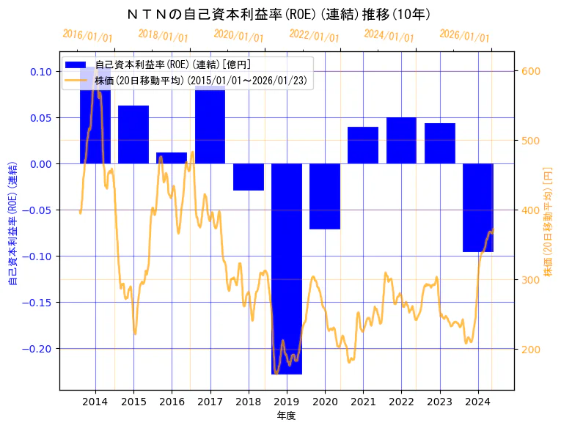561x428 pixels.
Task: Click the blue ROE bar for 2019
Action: click(287, 268)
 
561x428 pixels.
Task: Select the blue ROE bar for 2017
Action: click(210, 125)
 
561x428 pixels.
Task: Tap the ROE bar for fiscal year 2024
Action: click(478, 207)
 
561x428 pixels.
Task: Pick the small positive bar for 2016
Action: click(172, 158)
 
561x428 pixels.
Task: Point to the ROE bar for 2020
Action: click(325, 196)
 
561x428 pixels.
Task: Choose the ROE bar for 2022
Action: click(401, 140)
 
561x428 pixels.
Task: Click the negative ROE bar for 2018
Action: click(249, 177)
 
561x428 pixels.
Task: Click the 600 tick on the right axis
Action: click(530, 71)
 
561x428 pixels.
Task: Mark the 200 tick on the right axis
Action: click(530, 349)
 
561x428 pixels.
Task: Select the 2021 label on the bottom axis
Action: click(363, 402)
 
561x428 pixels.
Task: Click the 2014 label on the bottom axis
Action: click(95, 402)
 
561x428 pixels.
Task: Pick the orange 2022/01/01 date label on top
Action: click(315, 36)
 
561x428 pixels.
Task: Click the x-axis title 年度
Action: click(286, 416)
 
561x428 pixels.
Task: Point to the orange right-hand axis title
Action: click(549, 221)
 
